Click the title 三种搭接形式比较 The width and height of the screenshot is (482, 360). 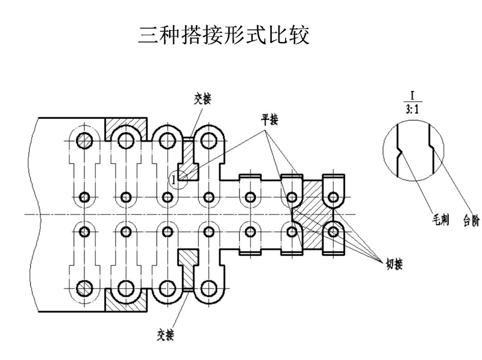(x=224, y=35)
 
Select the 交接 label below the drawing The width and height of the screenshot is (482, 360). (x=165, y=335)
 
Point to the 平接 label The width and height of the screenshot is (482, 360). (x=270, y=120)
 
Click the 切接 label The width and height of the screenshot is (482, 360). (x=394, y=265)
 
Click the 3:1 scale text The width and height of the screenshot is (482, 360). (x=412, y=108)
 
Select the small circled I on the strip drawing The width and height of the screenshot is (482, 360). (x=174, y=180)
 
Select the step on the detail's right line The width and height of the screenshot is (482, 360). (x=432, y=146)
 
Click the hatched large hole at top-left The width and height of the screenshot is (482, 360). (x=83, y=141)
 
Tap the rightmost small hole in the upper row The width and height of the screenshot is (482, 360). (x=333, y=197)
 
